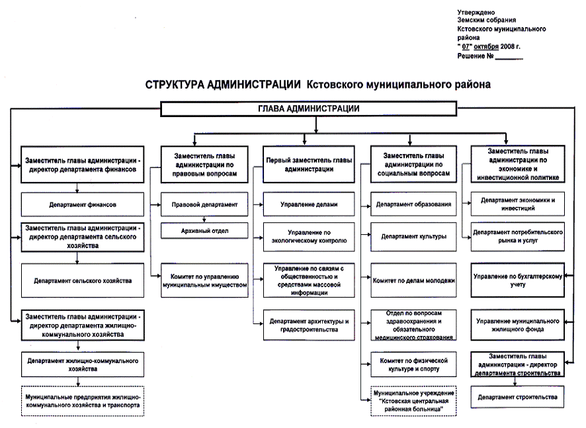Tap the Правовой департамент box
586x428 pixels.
tap(204, 204)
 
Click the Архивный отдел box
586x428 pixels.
tap(204, 230)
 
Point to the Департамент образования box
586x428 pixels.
tap(413, 204)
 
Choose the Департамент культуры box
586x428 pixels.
tap(413, 235)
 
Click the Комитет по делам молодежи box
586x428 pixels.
tap(413, 280)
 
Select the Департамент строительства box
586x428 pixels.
tap(518, 398)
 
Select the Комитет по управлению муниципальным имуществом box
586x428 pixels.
tap(204, 280)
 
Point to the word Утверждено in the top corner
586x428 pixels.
tap(474, 13)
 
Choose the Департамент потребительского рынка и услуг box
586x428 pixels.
tap(518, 236)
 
